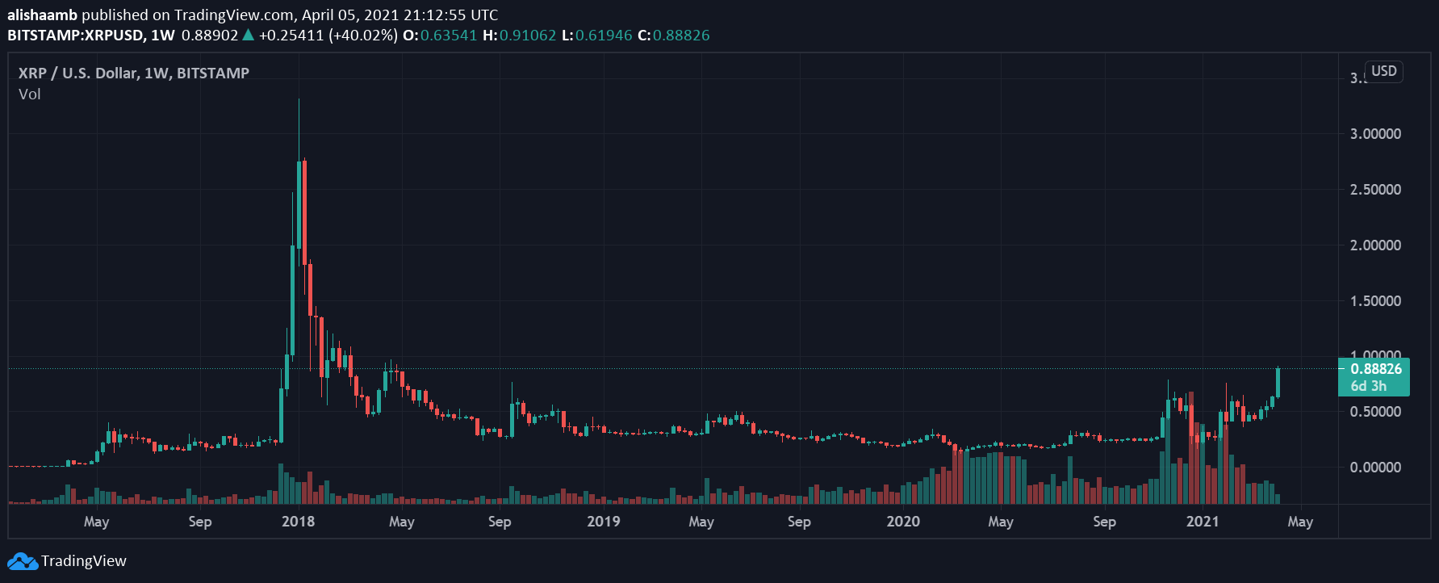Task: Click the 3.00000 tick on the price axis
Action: (x=1375, y=134)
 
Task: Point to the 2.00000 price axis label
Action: (x=1375, y=245)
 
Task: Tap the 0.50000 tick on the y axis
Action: (x=1375, y=412)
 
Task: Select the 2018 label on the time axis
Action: (x=298, y=522)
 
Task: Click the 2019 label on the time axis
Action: (x=604, y=522)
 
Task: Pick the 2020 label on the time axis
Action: (x=903, y=522)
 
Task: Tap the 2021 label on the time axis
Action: (x=1203, y=522)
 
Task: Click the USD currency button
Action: (x=1383, y=71)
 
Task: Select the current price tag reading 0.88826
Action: (x=1376, y=369)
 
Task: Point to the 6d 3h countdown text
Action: (x=1369, y=386)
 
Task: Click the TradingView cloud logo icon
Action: (x=23, y=561)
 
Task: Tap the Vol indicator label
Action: (x=30, y=94)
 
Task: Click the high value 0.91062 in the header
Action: (x=528, y=36)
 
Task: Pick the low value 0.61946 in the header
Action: (x=604, y=36)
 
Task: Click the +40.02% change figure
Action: (x=362, y=36)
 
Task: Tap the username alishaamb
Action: (x=42, y=15)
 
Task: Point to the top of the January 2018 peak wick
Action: (x=299, y=99)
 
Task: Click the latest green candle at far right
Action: (x=1278, y=382)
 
